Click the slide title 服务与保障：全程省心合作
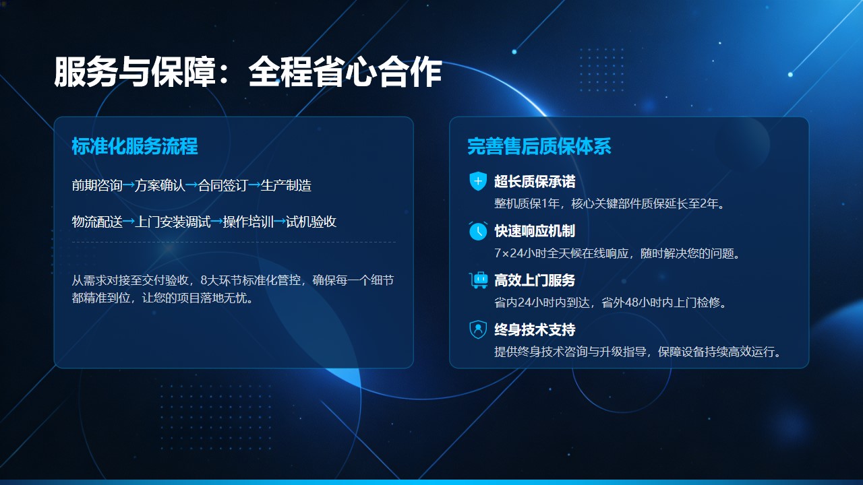click(x=247, y=71)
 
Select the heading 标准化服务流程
click(x=135, y=146)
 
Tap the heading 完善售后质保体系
click(x=539, y=146)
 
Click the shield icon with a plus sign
click(x=478, y=181)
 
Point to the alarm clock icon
click(x=478, y=231)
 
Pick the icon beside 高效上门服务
click(x=478, y=280)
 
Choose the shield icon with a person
click(x=478, y=329)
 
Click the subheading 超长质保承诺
click(x=535, y=182)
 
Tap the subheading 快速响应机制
click(x=535, y=231)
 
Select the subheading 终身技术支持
click(x=535, y=329)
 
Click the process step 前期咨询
click(x=97, y=185)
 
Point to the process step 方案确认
click(x=160, y=185)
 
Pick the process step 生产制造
click(x=286, y=185)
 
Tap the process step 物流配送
click(x=97, y=222)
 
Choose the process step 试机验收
click(x=311, y=222)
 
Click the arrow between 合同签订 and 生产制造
click(x=254, y=185)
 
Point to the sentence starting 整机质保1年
click(x=609, y=203)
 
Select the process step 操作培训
click(x=248, y=222)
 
